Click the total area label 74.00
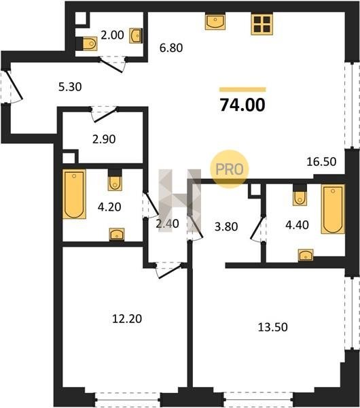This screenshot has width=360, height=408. pyautogui.click(x=242, y=105)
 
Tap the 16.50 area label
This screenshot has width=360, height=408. pyautogui.click(x=321, y=162)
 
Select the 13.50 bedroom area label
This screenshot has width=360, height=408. pyautogui.click(x=272, y=327)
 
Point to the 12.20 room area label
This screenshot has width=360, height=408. pyautogui.click(x=127, y=319)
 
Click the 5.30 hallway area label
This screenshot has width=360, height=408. pyautogui.click(x=70, y=87)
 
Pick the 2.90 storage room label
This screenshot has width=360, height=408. pyautogui.click(x=104, y=139)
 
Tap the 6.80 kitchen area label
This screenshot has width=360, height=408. pyautogui.click(x=171, y=48)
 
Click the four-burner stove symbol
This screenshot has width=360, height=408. pyautogui.click(x=262, y=24)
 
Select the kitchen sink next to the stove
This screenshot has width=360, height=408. pyautogui.click(x=215, y=22)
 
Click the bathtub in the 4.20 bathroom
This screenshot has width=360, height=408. pyautogui.click(x=74, y=194)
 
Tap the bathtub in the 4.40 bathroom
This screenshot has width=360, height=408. pyautogui.click(x=333, y=209)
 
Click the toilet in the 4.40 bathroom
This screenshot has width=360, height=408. pyautogui.click(x=300, y=199)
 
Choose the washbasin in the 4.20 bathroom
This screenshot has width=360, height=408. pyautogui.click(x=117, y=234)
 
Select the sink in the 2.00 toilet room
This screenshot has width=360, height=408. pyautogui.click(x=136, y=35)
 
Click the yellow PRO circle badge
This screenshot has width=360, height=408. pyautogui.click(x=230, y=169)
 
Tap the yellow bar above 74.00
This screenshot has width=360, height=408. pyautogui.click(x=242, y=90)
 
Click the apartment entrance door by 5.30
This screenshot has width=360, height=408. pyautogui.click(x=14, y=85)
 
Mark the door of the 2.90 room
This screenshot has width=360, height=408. pyautogui.click(x=104, y=114)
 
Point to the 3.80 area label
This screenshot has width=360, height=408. pyautogui.click(x=226, y=226)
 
